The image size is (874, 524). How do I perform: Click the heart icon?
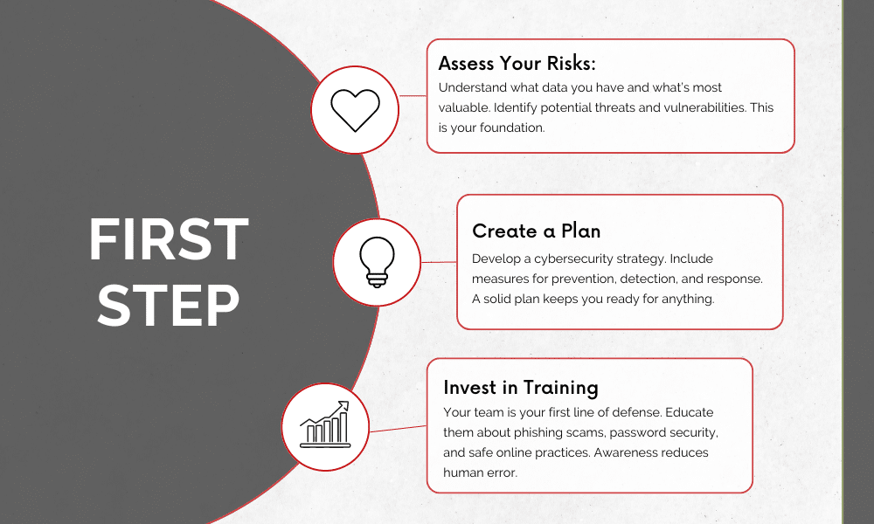tap(355, 110)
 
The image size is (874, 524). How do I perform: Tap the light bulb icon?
tap(377, 262)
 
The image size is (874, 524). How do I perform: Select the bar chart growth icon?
tap(324, 424)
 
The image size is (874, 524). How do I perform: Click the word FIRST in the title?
tap(169, 240)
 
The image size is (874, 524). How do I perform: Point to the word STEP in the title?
tap(169, 305)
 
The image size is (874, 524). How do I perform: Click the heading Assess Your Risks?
tap(517, 64)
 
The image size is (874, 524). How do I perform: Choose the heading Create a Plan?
tap(537, 231)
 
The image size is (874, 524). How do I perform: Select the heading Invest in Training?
tap(521, 388)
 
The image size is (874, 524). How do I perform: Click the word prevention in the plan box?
tap(586, 279)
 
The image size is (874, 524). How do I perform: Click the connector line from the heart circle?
tap(413, 96)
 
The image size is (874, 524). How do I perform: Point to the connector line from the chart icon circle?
tap(398, 429)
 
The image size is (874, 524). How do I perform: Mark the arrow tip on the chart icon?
tap(348, 402)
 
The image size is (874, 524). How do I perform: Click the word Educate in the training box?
tap(690, 412)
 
